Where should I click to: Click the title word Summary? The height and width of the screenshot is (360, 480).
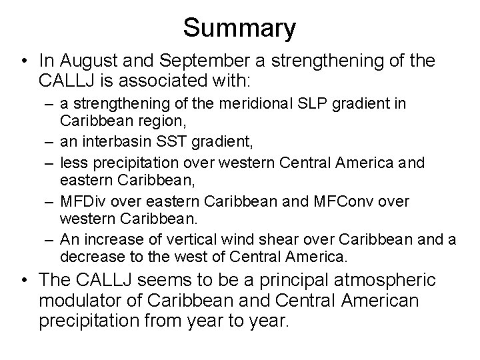[239, 28]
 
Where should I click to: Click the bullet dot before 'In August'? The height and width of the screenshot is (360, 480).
[24, 61]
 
